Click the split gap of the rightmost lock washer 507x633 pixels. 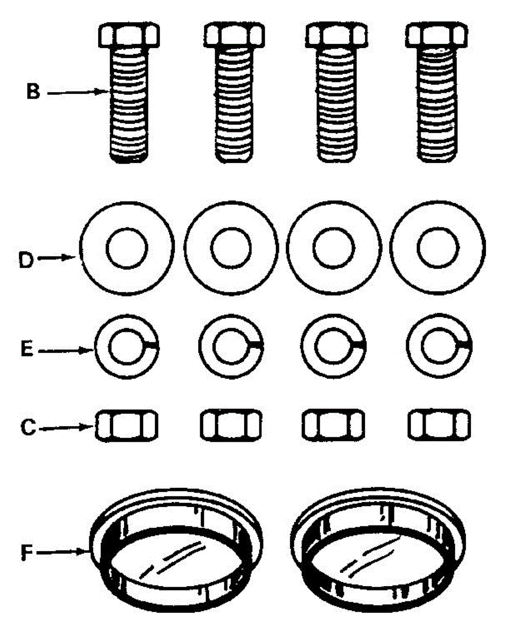pyautogui.click(x=465, y=344)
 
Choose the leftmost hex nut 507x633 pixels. pyautogui.click(x=127, y=425)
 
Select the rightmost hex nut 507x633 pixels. pyautogui.click(x=440, y=425)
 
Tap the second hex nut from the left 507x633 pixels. pyautogui.click(x=230, y=425)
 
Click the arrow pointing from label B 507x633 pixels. pyautogui.click(x=77, y=92)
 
